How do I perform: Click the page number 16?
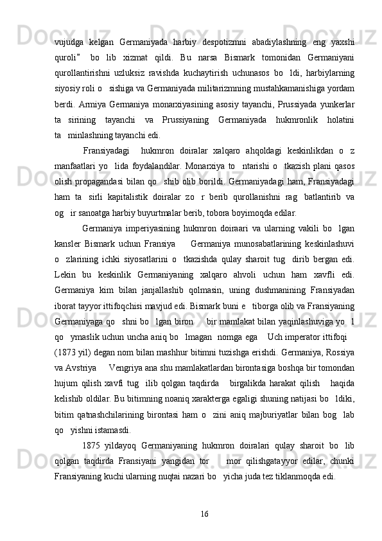[x=205, y=512]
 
